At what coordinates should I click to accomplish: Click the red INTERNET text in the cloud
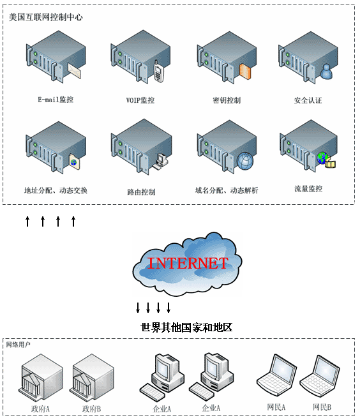point(188,263)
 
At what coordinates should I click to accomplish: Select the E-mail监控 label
point(56,100)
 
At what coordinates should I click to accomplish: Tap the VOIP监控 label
point(140,100)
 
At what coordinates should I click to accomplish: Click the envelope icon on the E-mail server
point(74,70)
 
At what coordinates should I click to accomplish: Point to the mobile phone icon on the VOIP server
point(158,71)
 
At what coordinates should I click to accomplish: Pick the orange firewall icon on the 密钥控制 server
point(245,71)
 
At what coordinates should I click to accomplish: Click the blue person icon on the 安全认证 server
point(326,71)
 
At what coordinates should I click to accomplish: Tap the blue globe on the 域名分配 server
point(245,161)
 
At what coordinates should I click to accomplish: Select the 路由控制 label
point(141,191)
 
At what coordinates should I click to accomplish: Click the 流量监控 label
point(308,188)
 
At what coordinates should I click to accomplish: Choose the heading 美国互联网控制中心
point(46,17)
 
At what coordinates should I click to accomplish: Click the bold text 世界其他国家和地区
point(186,327)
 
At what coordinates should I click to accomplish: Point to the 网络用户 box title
point(18,345)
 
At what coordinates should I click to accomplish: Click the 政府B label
point(92,409)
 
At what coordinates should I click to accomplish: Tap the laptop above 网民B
point(320,376)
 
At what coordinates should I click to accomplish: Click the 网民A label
point(276,407)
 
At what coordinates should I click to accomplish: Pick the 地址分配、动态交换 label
point(56,190)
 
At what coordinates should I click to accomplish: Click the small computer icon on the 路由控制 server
point(161,161)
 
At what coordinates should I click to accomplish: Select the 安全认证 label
point(308,100)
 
